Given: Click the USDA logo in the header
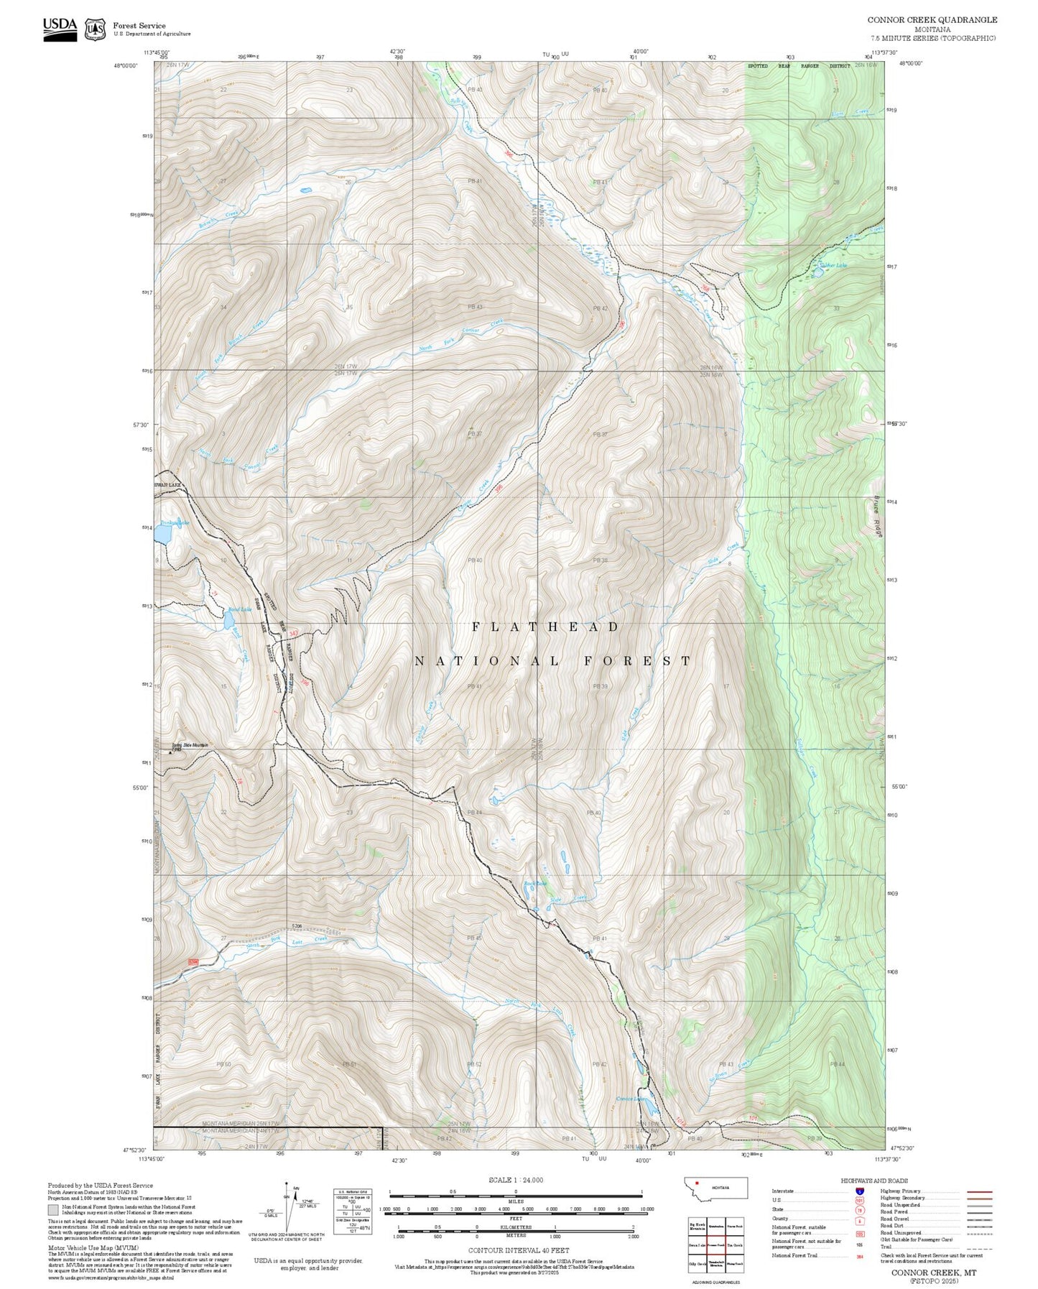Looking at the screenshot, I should [60, 28].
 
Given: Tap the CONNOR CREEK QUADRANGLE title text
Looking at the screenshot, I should [932, 19].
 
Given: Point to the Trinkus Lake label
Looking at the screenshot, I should [175, 522].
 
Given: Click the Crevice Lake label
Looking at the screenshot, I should [630, 1099].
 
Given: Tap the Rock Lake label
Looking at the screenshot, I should [534, 883].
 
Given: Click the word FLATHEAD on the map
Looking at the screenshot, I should [545, 627].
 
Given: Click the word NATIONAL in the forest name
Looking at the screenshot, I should [486, 661].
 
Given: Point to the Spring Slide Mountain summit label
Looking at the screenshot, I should [190, 745].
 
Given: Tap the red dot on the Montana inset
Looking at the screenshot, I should [697, 1183].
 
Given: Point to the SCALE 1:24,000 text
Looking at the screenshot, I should [515, 1180].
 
